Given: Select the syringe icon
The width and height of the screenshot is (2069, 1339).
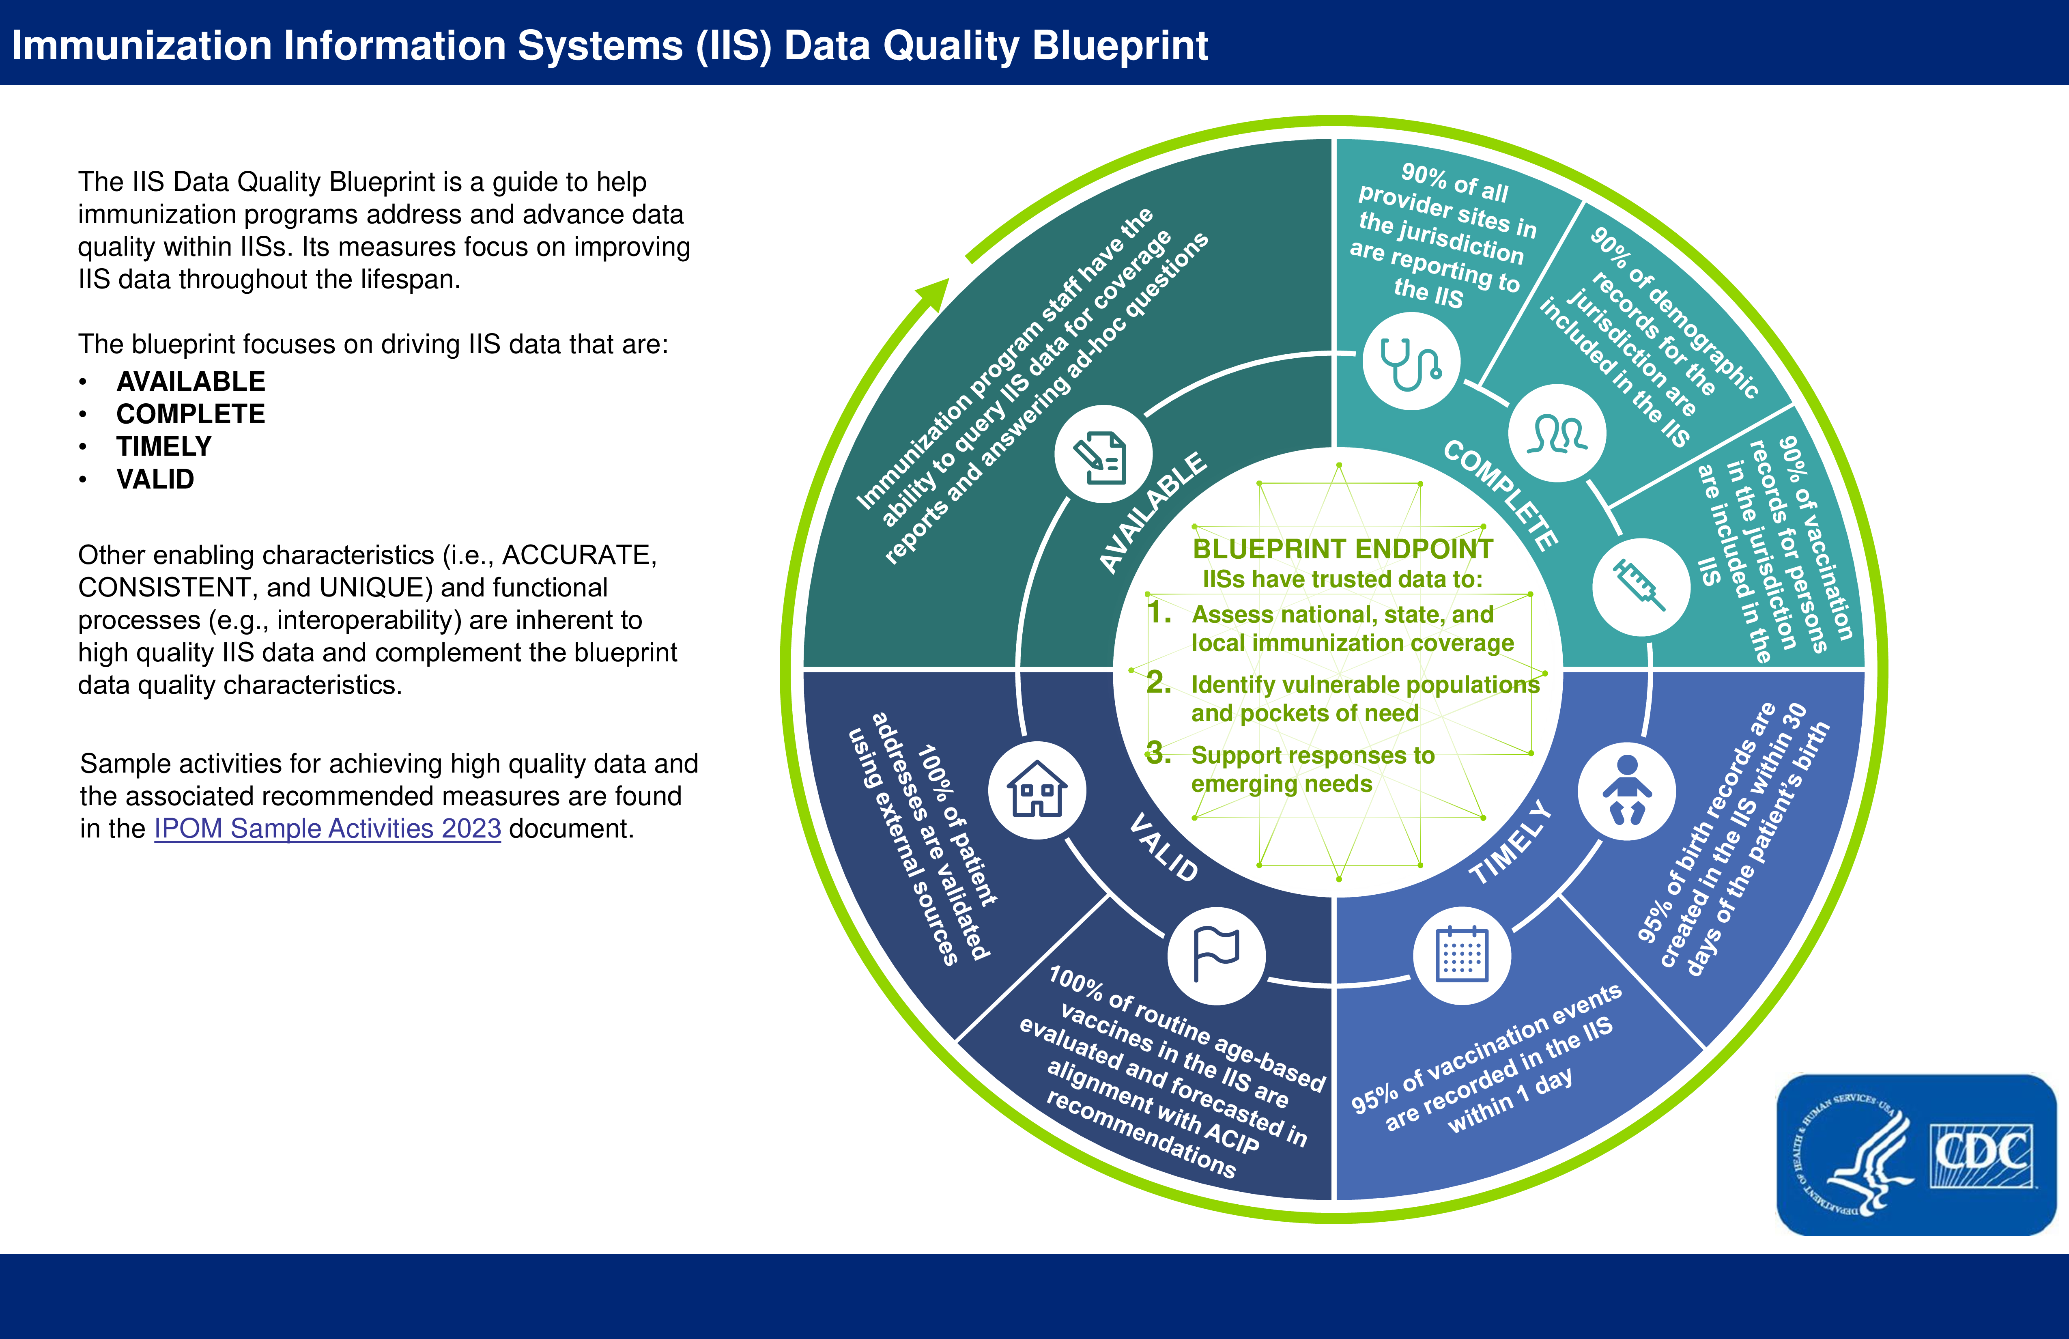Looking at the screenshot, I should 1639,586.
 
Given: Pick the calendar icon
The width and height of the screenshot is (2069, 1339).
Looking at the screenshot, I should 1462,955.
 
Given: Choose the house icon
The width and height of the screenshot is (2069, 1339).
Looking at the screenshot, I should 1037,790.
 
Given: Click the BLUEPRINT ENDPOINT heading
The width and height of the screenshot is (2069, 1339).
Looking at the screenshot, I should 1342,549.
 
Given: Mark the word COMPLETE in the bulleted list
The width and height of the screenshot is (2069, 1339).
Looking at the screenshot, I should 190,414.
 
